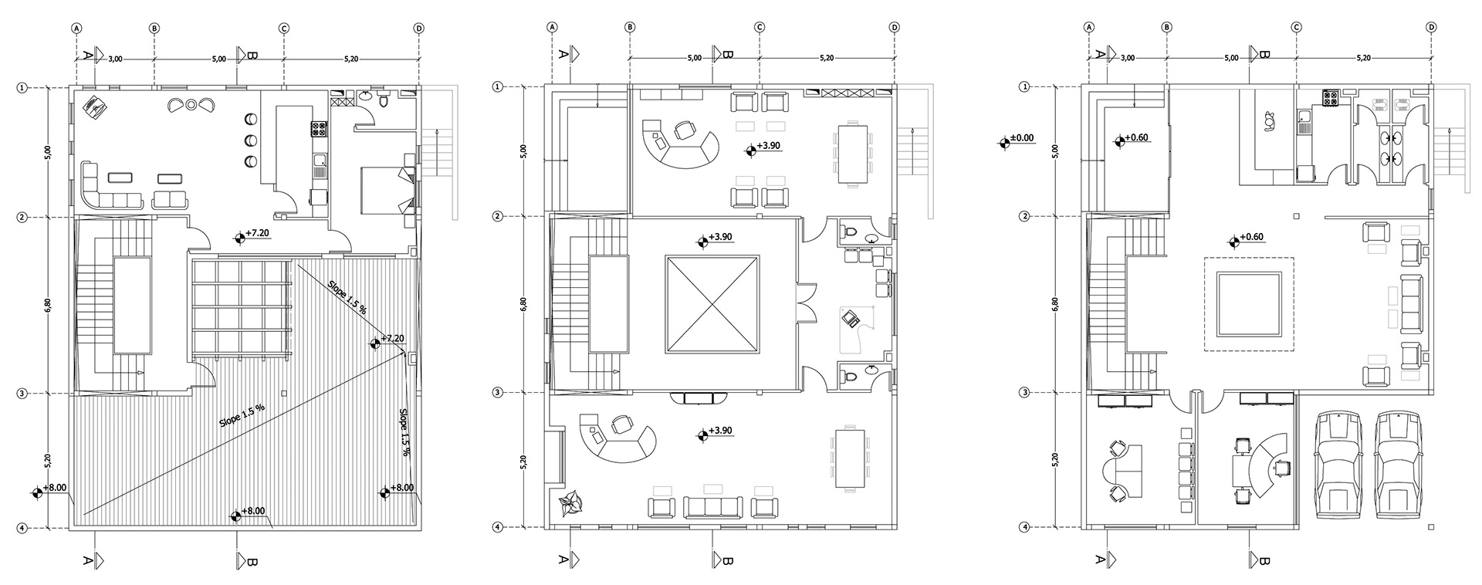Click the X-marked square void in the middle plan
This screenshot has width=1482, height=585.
click(x=710, y=304)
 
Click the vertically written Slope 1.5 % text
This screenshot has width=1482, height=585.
click(x=404, y=432)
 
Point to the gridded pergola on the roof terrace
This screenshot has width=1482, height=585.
click(x=242, y=308)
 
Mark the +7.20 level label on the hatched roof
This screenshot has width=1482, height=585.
click(x=394, y=338)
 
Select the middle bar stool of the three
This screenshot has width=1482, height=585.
click(x=252, y=140)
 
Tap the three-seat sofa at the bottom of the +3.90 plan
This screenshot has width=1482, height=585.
click(x=712, y=507)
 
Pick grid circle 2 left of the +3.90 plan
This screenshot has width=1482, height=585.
click(x=496, y=217)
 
